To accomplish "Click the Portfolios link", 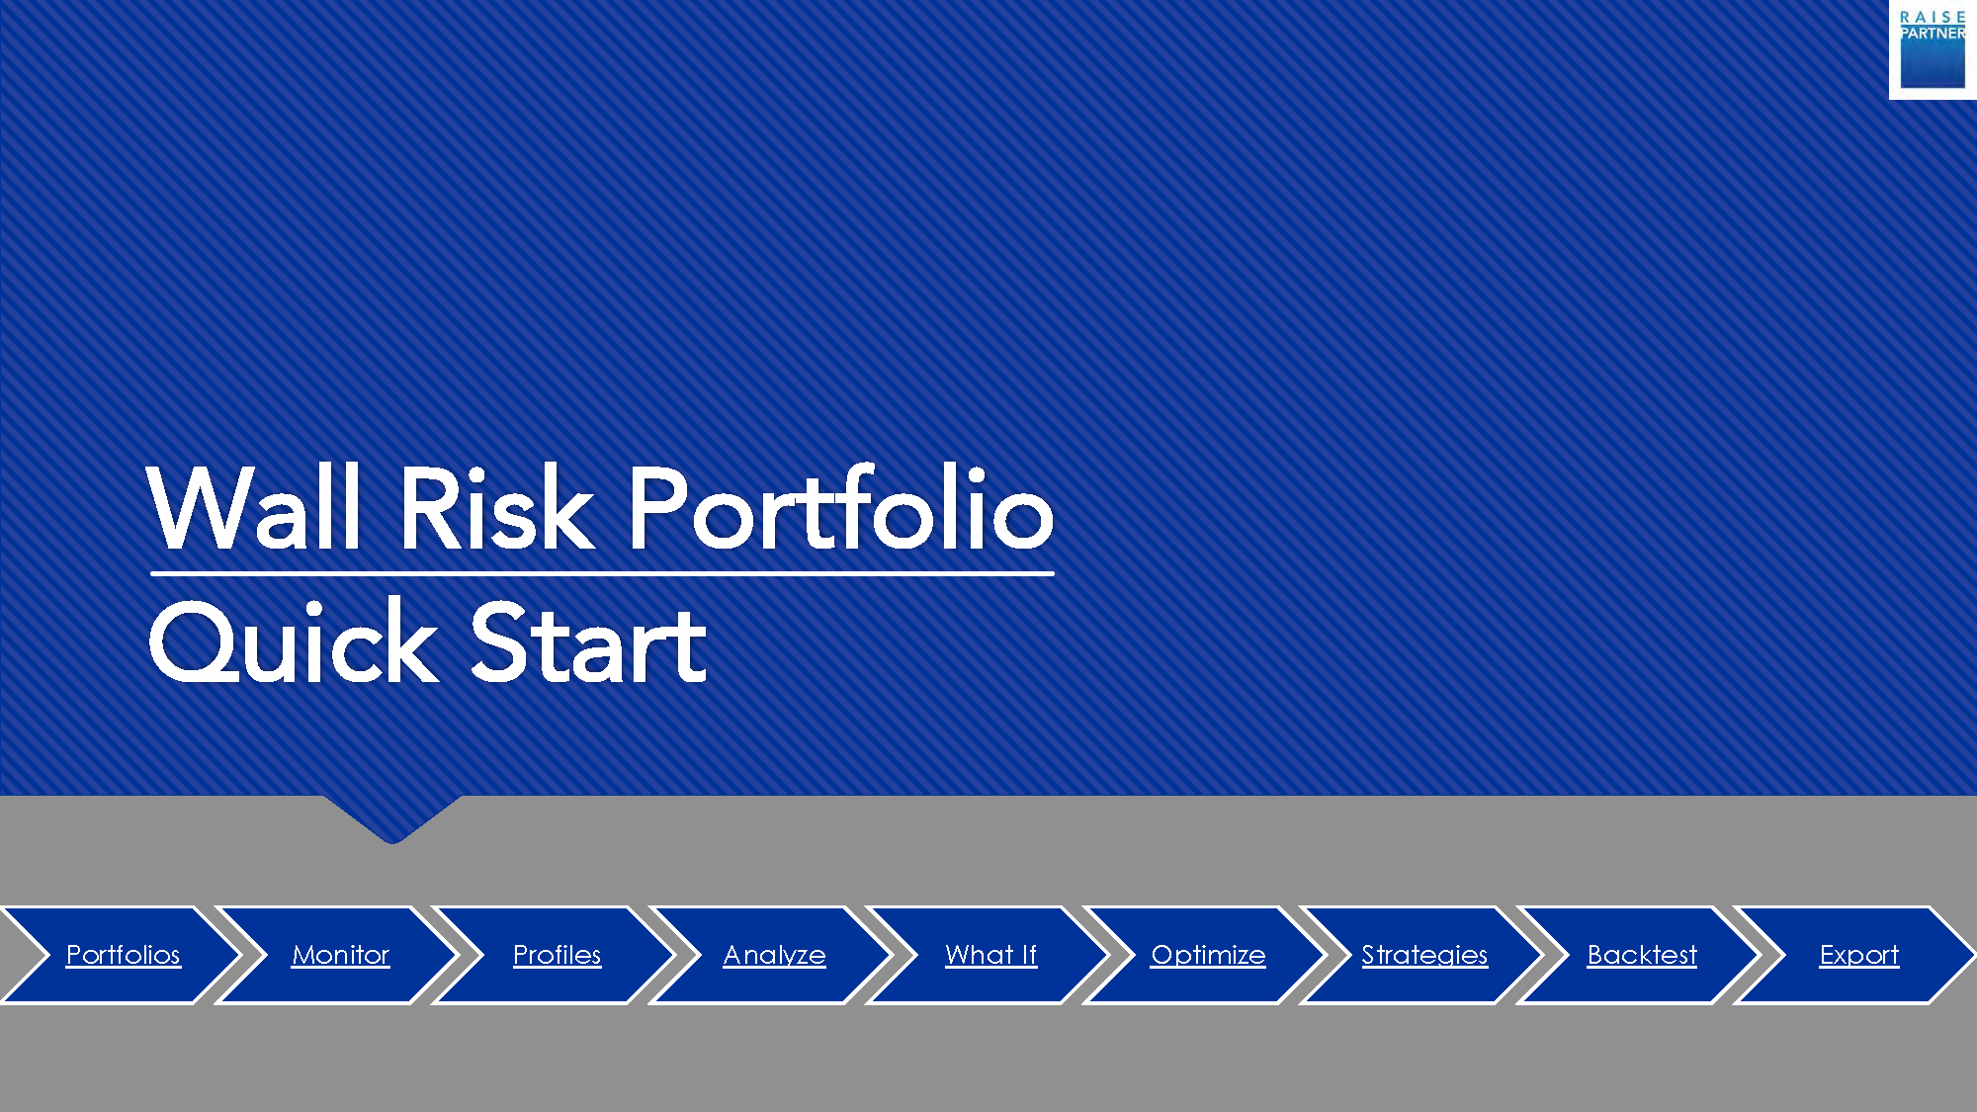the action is tap(124, 955).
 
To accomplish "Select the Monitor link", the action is tap(341, 955).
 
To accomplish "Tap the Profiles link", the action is tap(558, 955).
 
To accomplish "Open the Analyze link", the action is tap(774, 955).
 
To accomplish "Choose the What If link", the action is tap(990, 955).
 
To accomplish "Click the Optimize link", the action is tap(1208, 955).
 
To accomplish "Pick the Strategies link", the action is tap(1424, 955).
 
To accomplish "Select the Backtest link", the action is tap(1642, 955).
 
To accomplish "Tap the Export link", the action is tap(1859, 955).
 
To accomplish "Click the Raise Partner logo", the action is tap(1933, 49).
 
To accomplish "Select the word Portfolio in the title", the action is tap(841, 505).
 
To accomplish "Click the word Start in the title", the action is tap(589, 642).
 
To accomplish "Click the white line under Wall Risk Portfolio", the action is tap(602, 573).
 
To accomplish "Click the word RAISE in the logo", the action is tap(1933, 17).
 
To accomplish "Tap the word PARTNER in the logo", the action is tap(1933, 34).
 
